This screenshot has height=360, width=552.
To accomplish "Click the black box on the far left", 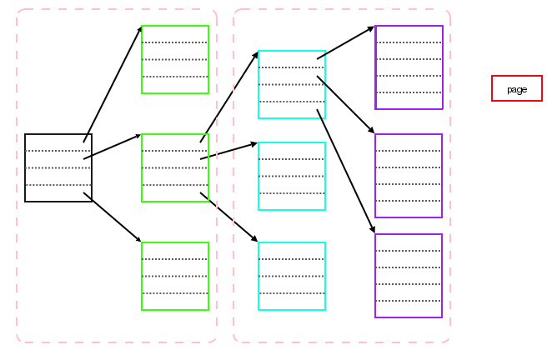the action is pos(58,167).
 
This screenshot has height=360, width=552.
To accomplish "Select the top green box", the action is pos(175,59).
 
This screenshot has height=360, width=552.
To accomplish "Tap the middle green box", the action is pos(175,167).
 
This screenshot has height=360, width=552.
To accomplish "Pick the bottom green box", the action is pos(175,276).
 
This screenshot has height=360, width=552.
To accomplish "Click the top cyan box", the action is pos(292,84).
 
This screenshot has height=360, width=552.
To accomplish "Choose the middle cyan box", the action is pos(292,176).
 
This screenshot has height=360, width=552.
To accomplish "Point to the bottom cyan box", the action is pos(292,276).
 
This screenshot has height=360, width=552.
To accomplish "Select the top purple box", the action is pos(409,67).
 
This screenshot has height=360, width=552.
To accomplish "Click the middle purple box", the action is pos(409,176).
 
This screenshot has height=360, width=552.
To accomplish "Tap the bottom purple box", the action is pos(409,276).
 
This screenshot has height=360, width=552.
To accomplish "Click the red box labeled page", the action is pos(517,88).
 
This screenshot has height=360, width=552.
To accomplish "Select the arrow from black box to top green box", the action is pos(113,84).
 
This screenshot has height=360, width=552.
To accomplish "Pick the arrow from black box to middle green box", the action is pos(113,147).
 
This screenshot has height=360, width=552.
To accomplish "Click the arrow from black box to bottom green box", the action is pos(113,217).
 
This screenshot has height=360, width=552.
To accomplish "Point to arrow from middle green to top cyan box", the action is pos(229,97).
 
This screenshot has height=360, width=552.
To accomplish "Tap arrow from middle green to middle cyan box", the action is pos(229,151).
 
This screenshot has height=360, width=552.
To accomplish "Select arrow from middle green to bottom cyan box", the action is pos(229,217).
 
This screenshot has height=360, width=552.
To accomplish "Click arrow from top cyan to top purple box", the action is pos(346,42).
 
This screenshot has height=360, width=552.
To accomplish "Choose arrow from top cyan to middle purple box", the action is pos(346,105).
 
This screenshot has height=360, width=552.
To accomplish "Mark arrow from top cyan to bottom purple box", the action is pos(346,172).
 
